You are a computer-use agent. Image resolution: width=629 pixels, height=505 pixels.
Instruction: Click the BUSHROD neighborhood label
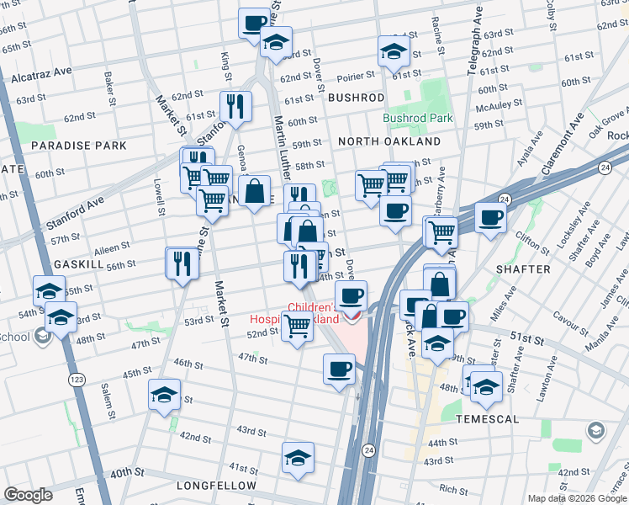point(356,98)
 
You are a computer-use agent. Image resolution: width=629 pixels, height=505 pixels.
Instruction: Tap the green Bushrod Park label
point(418,118)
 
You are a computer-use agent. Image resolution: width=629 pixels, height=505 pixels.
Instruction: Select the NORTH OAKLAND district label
point(389,141)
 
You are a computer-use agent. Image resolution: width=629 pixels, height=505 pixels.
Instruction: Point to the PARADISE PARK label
point(79,146)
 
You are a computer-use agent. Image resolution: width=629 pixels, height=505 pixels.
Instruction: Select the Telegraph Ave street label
point(472,38)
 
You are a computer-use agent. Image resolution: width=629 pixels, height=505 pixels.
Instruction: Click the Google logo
point(29,495)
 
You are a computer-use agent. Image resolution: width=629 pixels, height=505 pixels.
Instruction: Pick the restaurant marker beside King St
point(233,105)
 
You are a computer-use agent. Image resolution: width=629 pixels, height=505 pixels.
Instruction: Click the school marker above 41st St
point(298,457)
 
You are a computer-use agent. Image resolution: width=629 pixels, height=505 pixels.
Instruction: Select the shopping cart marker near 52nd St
point(297,325)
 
